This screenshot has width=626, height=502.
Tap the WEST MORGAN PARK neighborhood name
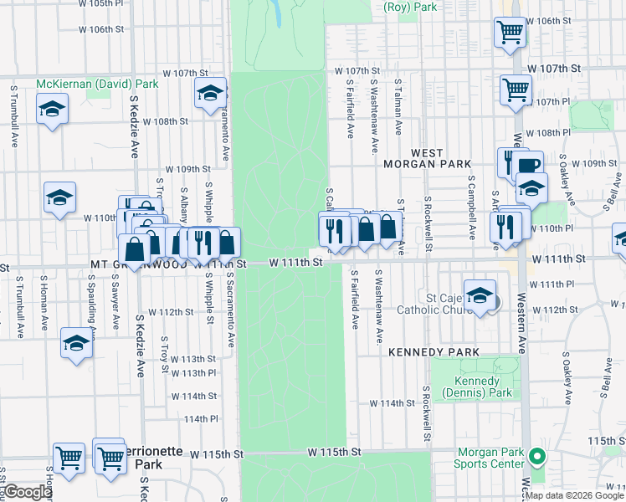(427, 158)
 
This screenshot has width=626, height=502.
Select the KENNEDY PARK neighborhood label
(434, 353)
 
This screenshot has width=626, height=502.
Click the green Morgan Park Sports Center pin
(538, 457)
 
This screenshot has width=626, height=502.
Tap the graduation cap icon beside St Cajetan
(480, 295)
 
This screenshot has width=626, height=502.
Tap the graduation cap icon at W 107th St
(210, 93)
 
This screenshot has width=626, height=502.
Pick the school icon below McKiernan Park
(52, 109)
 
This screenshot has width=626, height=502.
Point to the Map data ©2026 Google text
(574, 495)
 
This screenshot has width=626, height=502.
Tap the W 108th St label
(165, 121)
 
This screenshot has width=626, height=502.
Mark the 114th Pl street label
(201, 418)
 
